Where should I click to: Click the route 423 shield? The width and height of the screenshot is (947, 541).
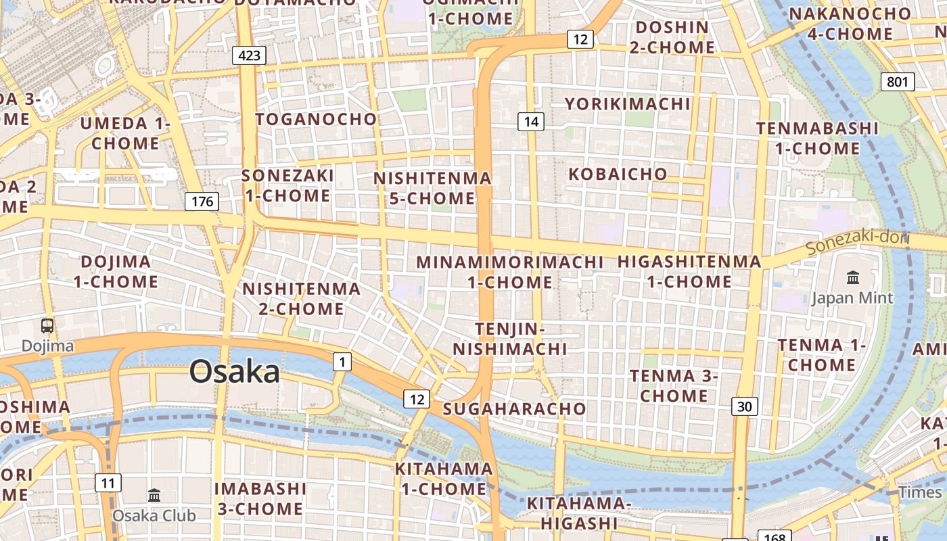(249, 55)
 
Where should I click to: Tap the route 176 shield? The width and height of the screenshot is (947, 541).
(202, 201)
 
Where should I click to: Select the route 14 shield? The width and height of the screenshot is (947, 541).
(531, 122)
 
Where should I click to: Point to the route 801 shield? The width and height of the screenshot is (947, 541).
(898, 83)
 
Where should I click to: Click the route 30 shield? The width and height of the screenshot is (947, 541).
(744, 406)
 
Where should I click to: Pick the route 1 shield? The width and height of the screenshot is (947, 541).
(342, 362)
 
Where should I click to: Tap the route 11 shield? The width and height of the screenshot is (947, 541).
(108, 483)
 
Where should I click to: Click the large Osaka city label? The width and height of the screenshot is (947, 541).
(234, 372)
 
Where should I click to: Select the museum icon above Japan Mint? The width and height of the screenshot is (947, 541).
(852, 277)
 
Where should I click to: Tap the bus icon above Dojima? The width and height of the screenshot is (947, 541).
(47, 326)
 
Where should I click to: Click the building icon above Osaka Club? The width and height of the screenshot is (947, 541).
(154, 495)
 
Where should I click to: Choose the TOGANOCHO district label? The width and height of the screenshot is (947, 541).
(316, 120)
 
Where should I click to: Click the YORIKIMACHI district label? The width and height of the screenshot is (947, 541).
(628, 103)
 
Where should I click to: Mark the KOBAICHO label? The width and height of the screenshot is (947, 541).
(618, 174)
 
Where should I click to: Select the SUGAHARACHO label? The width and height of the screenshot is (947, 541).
(514, 408)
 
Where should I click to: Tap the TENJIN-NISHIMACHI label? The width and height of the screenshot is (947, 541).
(509, 339)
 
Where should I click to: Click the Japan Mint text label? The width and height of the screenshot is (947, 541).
(852, 298)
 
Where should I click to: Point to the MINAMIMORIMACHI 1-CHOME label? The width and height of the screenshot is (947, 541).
(509, 271)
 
